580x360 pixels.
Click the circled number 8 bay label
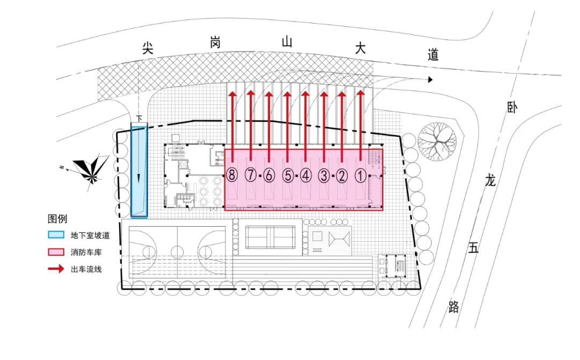232,175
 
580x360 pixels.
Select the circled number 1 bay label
360,175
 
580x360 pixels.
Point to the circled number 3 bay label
324,175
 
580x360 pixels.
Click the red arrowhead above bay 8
232,93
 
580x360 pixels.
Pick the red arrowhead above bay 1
360,93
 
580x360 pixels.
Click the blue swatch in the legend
55,235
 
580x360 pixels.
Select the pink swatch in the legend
55,251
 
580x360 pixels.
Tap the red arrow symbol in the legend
55,269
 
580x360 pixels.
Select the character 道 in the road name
433,54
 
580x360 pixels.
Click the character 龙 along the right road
490,181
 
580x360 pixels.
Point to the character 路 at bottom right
454,307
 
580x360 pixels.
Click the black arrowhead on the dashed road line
430,80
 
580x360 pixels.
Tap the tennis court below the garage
271,234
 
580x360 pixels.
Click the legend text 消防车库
84,252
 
